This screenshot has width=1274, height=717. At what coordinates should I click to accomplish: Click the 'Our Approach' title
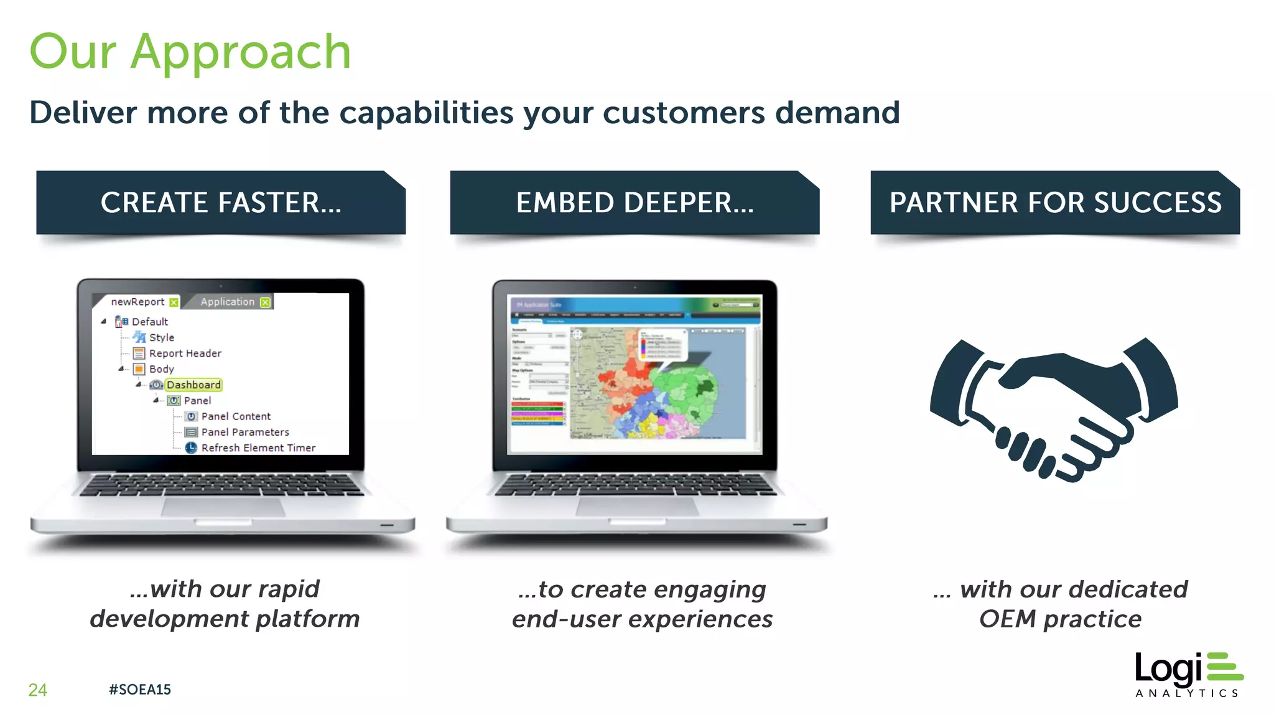point(190,52)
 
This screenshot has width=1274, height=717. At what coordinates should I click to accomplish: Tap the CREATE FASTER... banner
point(221,203)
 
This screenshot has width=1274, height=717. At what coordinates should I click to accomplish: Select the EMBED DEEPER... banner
point(635,203)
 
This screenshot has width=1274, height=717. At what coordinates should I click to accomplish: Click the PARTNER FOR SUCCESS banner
point(1055,203)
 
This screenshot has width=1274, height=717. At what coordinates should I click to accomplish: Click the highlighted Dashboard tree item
point(193,385)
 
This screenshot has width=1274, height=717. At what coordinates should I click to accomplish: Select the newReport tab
point(137,302)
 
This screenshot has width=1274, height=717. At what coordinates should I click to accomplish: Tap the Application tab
point(228,302)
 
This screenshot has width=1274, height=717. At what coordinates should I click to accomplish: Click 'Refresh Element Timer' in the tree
point(258,448)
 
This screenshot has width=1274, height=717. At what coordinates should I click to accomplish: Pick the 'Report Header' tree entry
point(185,354)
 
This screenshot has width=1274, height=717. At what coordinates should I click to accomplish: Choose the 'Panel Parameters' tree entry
point(245,432)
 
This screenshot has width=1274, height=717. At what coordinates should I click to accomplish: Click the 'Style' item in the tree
point(162,337)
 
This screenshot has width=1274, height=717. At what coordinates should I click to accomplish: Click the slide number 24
point(37,690)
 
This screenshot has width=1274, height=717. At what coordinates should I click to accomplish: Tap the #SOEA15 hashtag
point(139,690)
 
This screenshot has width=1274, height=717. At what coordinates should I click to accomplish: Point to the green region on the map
point(687,392)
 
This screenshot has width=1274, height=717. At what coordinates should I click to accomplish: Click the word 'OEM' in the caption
point(1007,619)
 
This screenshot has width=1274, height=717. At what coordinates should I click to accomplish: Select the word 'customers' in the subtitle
point(684,113)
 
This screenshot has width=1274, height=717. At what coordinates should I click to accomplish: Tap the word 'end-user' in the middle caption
point(566,619)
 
